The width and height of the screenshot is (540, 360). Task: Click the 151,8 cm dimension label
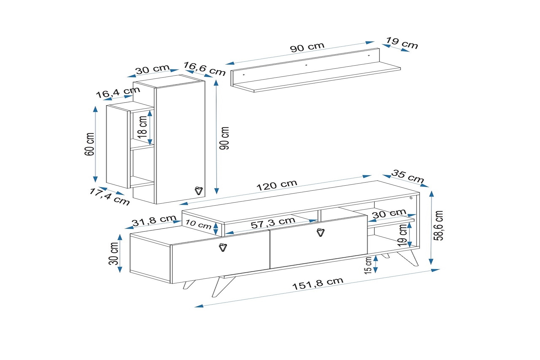click(x=318, y=283)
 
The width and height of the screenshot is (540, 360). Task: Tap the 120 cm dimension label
click(x=277, y=185)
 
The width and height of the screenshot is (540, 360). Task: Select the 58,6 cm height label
click(x=438, y=226)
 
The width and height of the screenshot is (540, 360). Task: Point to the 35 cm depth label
click(x=408, y=176)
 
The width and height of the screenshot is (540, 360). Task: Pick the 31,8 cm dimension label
click(x=154, y=220)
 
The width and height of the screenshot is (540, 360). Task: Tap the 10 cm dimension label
click(x=198, y=224)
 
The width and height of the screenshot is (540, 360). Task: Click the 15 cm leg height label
click(x=368, y=265)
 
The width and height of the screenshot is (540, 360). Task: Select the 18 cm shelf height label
click(x=143, y=127)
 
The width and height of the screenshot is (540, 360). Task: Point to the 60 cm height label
click(x=89, y=144)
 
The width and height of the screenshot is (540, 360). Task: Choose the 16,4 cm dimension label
click(x=118, y=92)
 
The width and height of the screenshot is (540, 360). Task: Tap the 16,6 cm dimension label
click(x=204, y=69)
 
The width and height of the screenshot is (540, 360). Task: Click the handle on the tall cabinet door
click(x=199, y=190)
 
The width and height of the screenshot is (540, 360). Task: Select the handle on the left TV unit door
click(x=223, y=247)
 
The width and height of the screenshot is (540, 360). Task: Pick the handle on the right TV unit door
click(x=321, y=232)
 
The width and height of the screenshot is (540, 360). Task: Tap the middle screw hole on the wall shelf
click(x=306, y=65)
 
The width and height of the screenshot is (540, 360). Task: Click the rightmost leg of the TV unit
click(x=409, y=258)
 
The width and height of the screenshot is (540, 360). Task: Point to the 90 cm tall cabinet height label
click(x=224, y=138)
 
